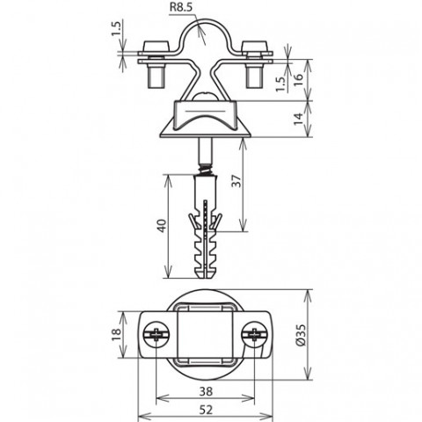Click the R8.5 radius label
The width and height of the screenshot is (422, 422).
181,8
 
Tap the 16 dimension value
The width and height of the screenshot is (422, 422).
297,80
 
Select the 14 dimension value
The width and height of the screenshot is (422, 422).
298,119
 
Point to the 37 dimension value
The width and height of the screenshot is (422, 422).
236,181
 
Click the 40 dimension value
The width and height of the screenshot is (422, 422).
162,225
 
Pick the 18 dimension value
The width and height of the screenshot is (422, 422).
116,334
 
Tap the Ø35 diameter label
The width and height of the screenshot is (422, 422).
301,334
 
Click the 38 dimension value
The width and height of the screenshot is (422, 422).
206,391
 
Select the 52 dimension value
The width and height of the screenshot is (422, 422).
206,410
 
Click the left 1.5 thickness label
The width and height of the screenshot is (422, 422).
116,29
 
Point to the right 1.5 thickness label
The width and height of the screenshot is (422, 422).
280,84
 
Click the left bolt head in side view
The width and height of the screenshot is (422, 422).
156,47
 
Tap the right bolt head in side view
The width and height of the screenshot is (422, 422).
254,47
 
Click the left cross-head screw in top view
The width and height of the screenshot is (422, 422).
156,335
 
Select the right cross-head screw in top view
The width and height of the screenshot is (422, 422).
254,335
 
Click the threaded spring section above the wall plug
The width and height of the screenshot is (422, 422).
206,170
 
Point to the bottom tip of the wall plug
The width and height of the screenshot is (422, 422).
206,278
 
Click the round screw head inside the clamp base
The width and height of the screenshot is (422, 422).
206,97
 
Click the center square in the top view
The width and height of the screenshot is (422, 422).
206,335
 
